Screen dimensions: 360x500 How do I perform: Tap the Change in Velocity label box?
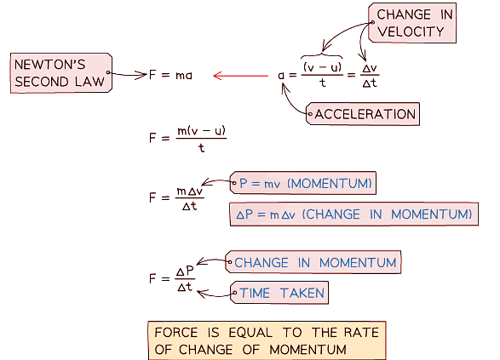(x=410, y=23)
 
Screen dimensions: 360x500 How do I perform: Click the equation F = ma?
(x=170, y=75)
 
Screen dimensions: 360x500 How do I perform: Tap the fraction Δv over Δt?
(x=371, y=75)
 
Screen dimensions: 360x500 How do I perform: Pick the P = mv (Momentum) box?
(x=302, y=182)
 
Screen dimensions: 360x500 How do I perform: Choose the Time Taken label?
(x=281, y=293)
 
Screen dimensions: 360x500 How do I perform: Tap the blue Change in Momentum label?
(x=315, y=262)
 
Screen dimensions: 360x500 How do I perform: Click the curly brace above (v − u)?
(x=322, y=53)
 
